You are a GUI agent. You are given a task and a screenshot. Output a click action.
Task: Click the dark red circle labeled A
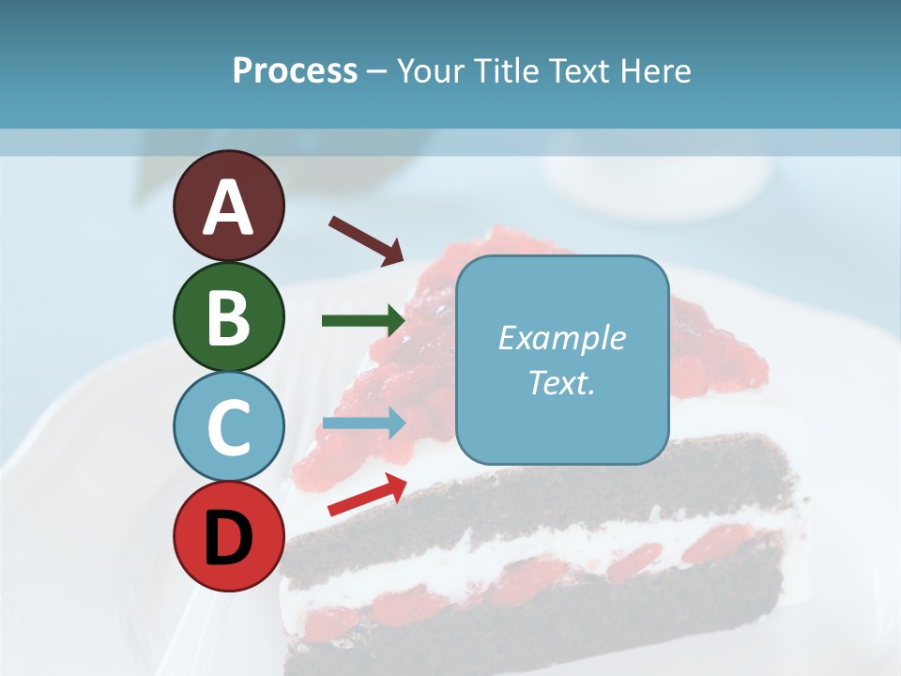tap(228, 206)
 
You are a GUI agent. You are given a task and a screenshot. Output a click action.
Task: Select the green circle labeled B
tap(228, 316)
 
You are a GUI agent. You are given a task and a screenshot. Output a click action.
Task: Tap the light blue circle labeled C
tap(228, 426)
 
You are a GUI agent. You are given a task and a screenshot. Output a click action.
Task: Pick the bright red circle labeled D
tap(228, 536)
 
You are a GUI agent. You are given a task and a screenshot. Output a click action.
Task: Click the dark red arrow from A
tap(365, 239)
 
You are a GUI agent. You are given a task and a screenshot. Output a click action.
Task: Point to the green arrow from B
tap(362, 321)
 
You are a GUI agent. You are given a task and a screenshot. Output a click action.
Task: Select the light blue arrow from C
tap(362, 423)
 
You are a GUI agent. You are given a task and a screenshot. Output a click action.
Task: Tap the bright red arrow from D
tap(366, 494)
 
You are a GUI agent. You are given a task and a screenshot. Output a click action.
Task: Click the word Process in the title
tap(295, 71)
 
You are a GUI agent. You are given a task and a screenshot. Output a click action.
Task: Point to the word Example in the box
tap(561, 338)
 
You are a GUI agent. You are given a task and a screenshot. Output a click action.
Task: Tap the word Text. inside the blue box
tap(561, 382)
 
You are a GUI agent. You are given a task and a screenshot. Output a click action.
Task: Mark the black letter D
tap(228, 538)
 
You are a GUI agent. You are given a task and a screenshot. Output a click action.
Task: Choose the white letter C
tap(228, 427)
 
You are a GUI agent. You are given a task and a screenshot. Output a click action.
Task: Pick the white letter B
tap(228, 317)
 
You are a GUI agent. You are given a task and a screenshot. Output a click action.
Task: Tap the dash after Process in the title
tap(376, 72)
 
